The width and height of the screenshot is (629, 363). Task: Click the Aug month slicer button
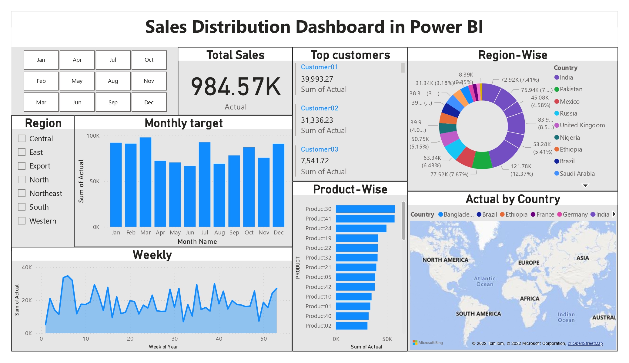(113, 81)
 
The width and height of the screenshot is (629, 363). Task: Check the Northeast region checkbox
(22, 193)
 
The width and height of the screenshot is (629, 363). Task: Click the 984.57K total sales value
(236, 87)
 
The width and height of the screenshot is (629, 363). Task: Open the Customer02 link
(319, 108)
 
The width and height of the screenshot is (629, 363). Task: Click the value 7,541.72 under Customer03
(315, 161)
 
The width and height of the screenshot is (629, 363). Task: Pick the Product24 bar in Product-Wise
(361, 228)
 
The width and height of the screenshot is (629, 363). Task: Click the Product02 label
(318, 326)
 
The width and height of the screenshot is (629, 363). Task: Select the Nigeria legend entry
(569, 138)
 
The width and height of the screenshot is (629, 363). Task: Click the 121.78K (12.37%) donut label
(521, 170)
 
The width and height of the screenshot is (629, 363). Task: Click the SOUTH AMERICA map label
(478, 314)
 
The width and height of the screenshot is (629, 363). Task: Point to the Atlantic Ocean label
(484, 281)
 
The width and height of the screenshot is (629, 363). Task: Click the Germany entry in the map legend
(575, 214)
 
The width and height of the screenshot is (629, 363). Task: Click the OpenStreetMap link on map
(585, 343)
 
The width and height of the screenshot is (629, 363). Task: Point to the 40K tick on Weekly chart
(27, 267)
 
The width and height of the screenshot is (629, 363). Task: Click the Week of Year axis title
(163, 347)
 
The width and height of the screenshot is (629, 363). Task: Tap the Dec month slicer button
(149, 103)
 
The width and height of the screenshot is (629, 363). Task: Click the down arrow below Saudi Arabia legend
(585, 185)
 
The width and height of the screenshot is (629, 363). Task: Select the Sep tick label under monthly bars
(234, 233)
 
